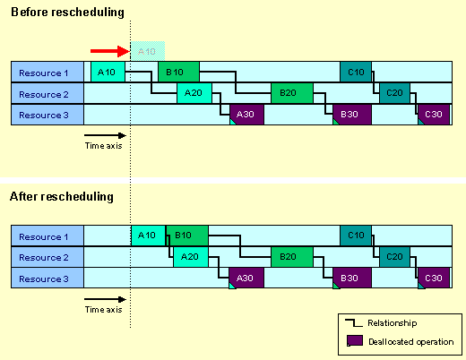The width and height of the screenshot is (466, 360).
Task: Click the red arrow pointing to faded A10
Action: tap(110, 51)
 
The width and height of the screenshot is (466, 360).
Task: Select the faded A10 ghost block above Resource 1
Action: tap(148, 51)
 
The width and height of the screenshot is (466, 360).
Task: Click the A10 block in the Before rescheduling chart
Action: tap(108, 72)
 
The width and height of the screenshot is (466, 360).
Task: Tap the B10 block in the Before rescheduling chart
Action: tap(178, 72)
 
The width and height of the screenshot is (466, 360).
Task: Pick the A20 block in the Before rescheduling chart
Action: tap(194, 93)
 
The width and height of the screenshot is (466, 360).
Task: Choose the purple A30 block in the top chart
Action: tap(246, 115)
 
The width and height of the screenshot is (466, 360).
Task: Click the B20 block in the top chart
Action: tap(292, 93)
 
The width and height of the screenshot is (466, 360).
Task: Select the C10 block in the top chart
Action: tap(356, 72)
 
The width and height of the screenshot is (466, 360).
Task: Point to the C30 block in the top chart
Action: tap(434, 115)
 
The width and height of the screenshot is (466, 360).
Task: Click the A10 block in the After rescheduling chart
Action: tap(148, 236)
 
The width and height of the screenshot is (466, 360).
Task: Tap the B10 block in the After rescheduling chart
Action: tap(187, 236)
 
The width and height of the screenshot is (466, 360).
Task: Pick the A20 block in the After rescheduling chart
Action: tap(191, 257)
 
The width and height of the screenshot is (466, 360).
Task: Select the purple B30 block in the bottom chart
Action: tap(352, 279)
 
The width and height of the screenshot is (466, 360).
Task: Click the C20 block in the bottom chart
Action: tap(394, 257)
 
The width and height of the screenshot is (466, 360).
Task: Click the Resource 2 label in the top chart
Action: tap(44, 94)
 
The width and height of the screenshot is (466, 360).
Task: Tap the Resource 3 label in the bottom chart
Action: tap(44, 279)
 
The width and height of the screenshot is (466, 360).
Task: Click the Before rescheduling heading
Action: tap(67, 13)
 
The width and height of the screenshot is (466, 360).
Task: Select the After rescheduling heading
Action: tap(62, 197)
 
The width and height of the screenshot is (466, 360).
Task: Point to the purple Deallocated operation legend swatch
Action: tap(355, 340)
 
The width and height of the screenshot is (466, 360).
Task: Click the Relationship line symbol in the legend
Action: tap(354, 323)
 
